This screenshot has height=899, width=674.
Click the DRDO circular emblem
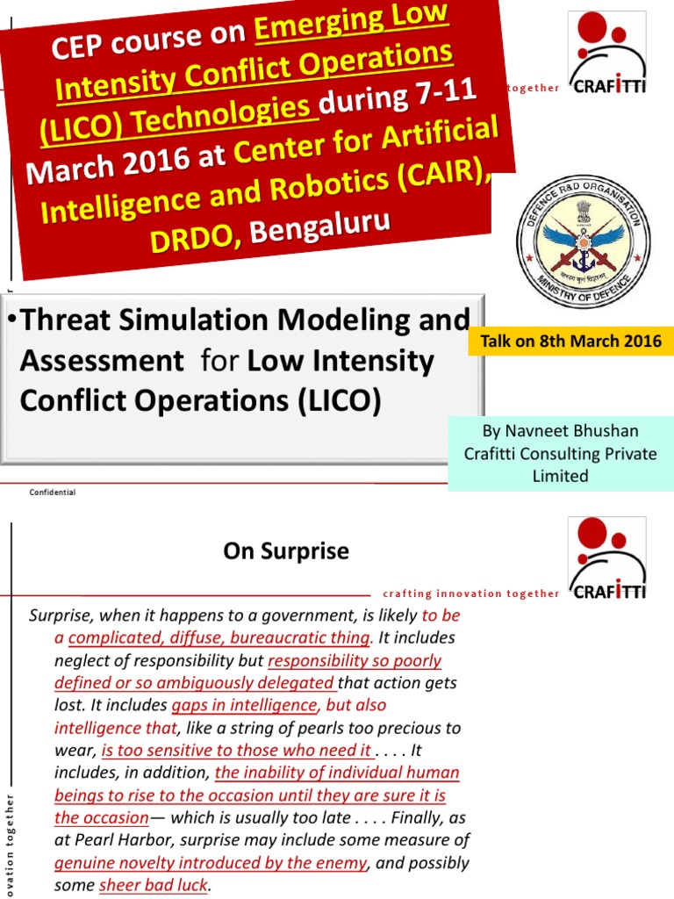point(570,233)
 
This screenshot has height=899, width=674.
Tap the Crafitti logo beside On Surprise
point(607,559)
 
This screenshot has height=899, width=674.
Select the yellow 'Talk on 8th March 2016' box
point(571,341)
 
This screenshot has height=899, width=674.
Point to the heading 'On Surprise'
point(286,551)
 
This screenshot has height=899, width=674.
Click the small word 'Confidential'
point(53,493)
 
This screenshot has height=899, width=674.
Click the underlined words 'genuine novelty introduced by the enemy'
point(210,863)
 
